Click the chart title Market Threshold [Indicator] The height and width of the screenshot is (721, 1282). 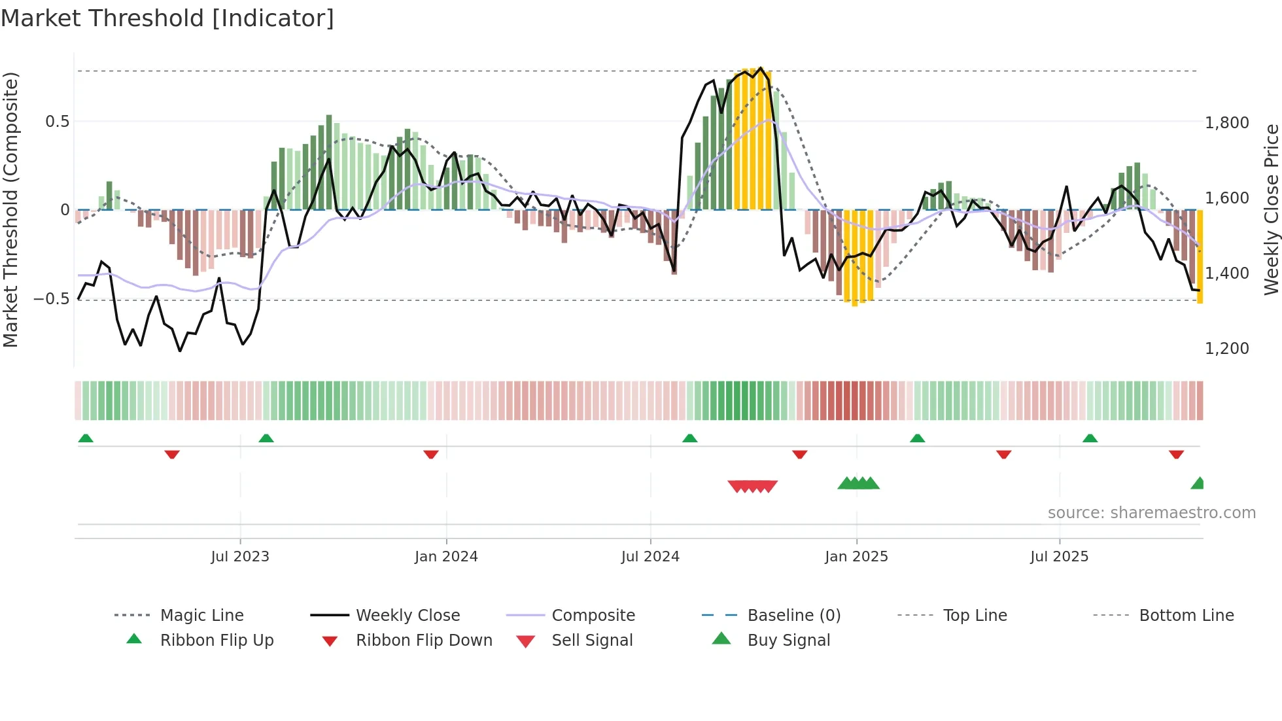[x=167, y=18]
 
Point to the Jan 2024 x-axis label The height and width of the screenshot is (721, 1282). [x=446, y=556]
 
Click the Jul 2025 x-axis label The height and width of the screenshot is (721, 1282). [x=1059, y=556]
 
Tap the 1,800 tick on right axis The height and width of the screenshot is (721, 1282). [x=1226, y=122]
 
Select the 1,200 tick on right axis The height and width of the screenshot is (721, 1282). [x=1226, y=348]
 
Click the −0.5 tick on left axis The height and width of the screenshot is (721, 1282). [x=51, y=298]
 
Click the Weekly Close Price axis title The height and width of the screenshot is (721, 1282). [x=1271, y=209]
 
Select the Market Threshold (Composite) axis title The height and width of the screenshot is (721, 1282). [x=10, y=209]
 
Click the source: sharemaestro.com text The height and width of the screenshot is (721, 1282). [x=1151, y=512]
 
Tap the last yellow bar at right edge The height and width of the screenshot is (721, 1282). [x=1200, y=256]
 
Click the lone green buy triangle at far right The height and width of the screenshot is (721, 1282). [x=1198, y=484]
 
